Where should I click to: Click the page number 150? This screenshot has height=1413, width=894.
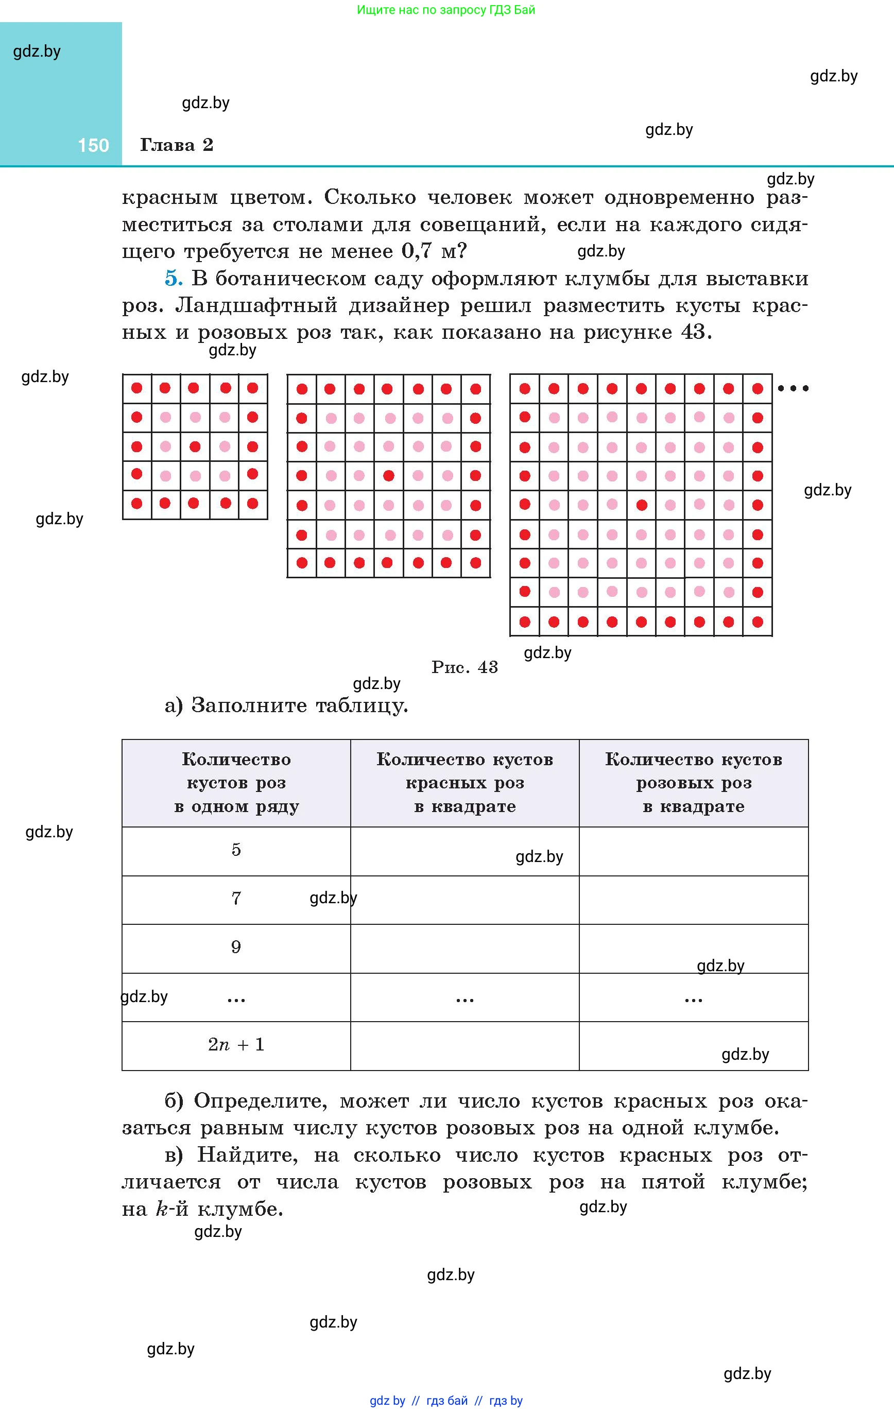coord(93,146)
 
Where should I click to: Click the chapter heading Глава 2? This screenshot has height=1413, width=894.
coord(176,145)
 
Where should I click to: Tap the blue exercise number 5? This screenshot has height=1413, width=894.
coord(173,278)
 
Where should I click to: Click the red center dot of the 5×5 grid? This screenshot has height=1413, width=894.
coord(195,446)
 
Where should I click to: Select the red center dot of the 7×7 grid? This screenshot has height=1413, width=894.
coord(388,475)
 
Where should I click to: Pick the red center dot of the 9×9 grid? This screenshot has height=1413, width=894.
coord(642,505)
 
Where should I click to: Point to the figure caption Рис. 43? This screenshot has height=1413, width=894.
coord(465,667)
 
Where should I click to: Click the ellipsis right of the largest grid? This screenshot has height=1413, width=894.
coord(793,388)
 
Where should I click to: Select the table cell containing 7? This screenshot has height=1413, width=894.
coord(236,899)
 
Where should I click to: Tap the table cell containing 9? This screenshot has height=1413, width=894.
coord(236,947)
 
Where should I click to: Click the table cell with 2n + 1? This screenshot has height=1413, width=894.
coord(236,1044)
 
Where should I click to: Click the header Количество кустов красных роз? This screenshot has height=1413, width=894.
coord(465,782)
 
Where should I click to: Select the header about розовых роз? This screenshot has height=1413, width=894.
coord(693,782)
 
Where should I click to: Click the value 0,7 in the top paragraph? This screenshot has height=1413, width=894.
coord(417,251)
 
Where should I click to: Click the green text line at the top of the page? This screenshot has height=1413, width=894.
coord(446,10)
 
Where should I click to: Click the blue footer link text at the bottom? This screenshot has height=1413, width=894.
coord(446,1401)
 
